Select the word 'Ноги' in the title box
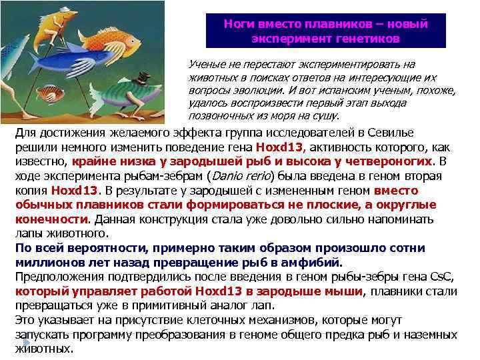click(239, 24)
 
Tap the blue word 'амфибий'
click(313, 261)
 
